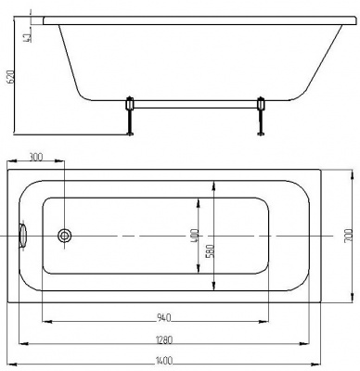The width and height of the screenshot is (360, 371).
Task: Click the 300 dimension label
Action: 35,157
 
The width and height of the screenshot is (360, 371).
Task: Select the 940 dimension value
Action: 164,317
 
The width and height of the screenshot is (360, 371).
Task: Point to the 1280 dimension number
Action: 164,339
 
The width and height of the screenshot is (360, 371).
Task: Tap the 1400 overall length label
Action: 164,360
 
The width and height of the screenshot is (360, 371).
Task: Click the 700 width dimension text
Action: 349,236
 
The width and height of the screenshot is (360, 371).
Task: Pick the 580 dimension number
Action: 210,251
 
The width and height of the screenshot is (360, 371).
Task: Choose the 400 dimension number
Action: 194,236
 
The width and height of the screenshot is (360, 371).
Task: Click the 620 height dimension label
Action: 11,77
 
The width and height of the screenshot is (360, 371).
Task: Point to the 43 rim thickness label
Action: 27,37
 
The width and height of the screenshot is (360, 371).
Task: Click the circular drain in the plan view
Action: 65,236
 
